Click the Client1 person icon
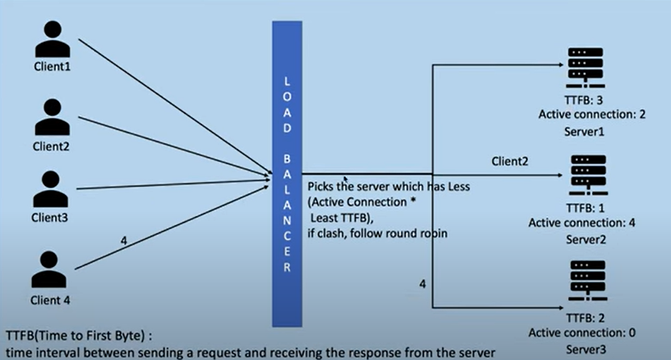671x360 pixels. tap(52, 39)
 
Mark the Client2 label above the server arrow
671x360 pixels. tap(511, 162)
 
